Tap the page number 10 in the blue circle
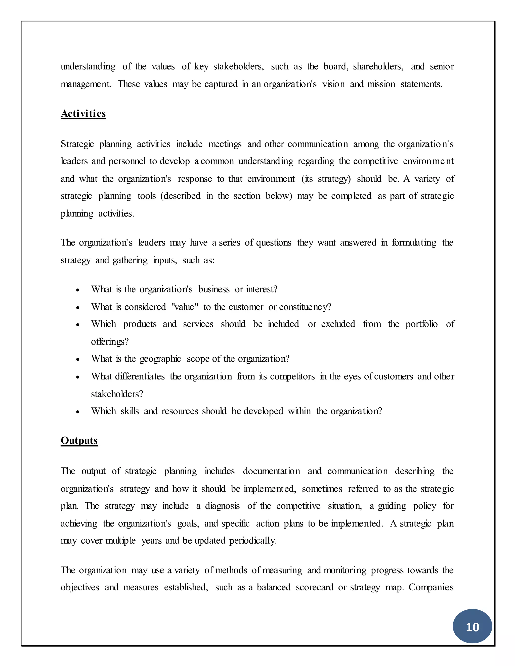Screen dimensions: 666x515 pyautogui.click(x=472, y=627)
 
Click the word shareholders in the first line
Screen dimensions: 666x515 pyautogui.click(x=378, y=67)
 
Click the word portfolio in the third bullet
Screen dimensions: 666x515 pyautogui.click(x=421, y=324)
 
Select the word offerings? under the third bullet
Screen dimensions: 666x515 pyautogui.click(x=110, y=342)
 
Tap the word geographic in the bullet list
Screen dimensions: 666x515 pyautogui.click(x=160, y=359)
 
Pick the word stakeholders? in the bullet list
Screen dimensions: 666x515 pyautogui.click(x=117, y=394)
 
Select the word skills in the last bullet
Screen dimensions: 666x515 pyautogui.click(x=130, y=411)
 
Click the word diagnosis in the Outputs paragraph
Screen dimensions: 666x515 pyautogui.click(x=222, y=506)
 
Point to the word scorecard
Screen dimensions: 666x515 pyautogui.click(x=315, y=587)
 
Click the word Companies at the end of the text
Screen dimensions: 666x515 pyautogui.click(x=431, y=587)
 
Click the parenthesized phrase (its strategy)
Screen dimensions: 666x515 pyautogui.click(x=326, y=179)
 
